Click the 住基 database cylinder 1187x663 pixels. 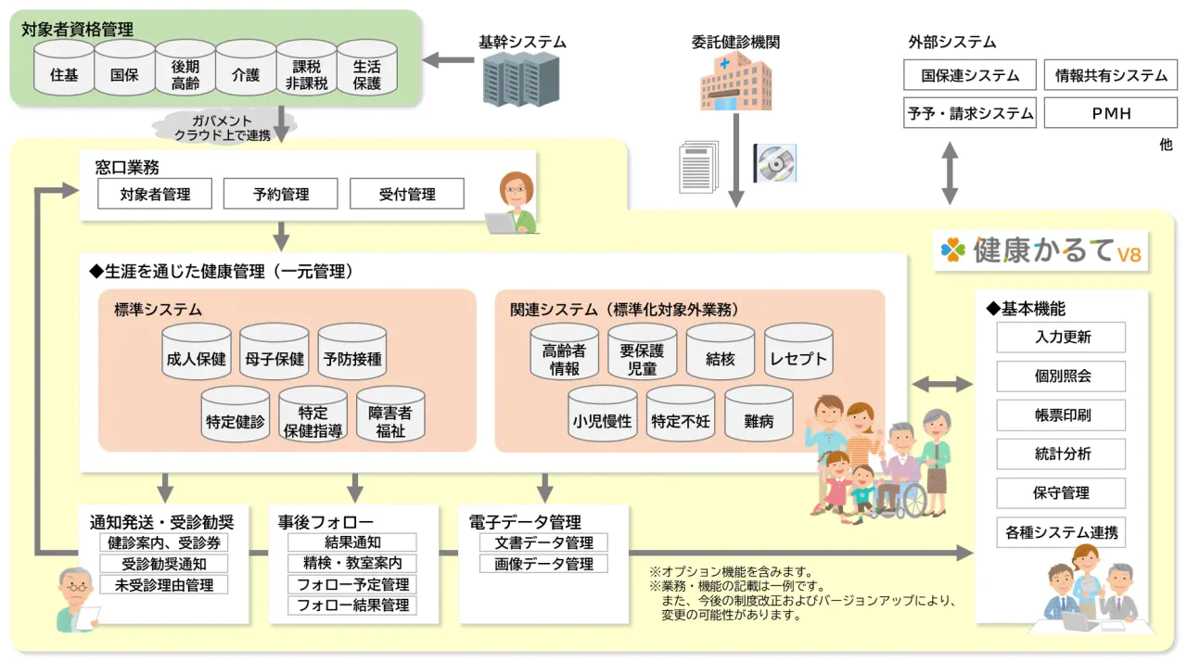pos(64,69)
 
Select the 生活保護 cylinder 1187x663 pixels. pos(367,69)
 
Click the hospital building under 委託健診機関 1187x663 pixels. pos(734,81)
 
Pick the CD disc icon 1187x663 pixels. pos(774,163)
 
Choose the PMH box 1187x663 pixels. pos(1111,113)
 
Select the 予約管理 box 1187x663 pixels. pos(281,194)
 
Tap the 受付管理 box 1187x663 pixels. pos(407,194)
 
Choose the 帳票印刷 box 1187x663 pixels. pos(1061,415)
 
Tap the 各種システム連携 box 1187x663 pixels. pos(1061,532)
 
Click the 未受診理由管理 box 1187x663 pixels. pos(164,585)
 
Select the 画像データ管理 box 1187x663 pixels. pos(543,564)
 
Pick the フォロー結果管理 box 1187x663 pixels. pos(352,606)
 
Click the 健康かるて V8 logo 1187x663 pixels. pos(1040,250)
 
